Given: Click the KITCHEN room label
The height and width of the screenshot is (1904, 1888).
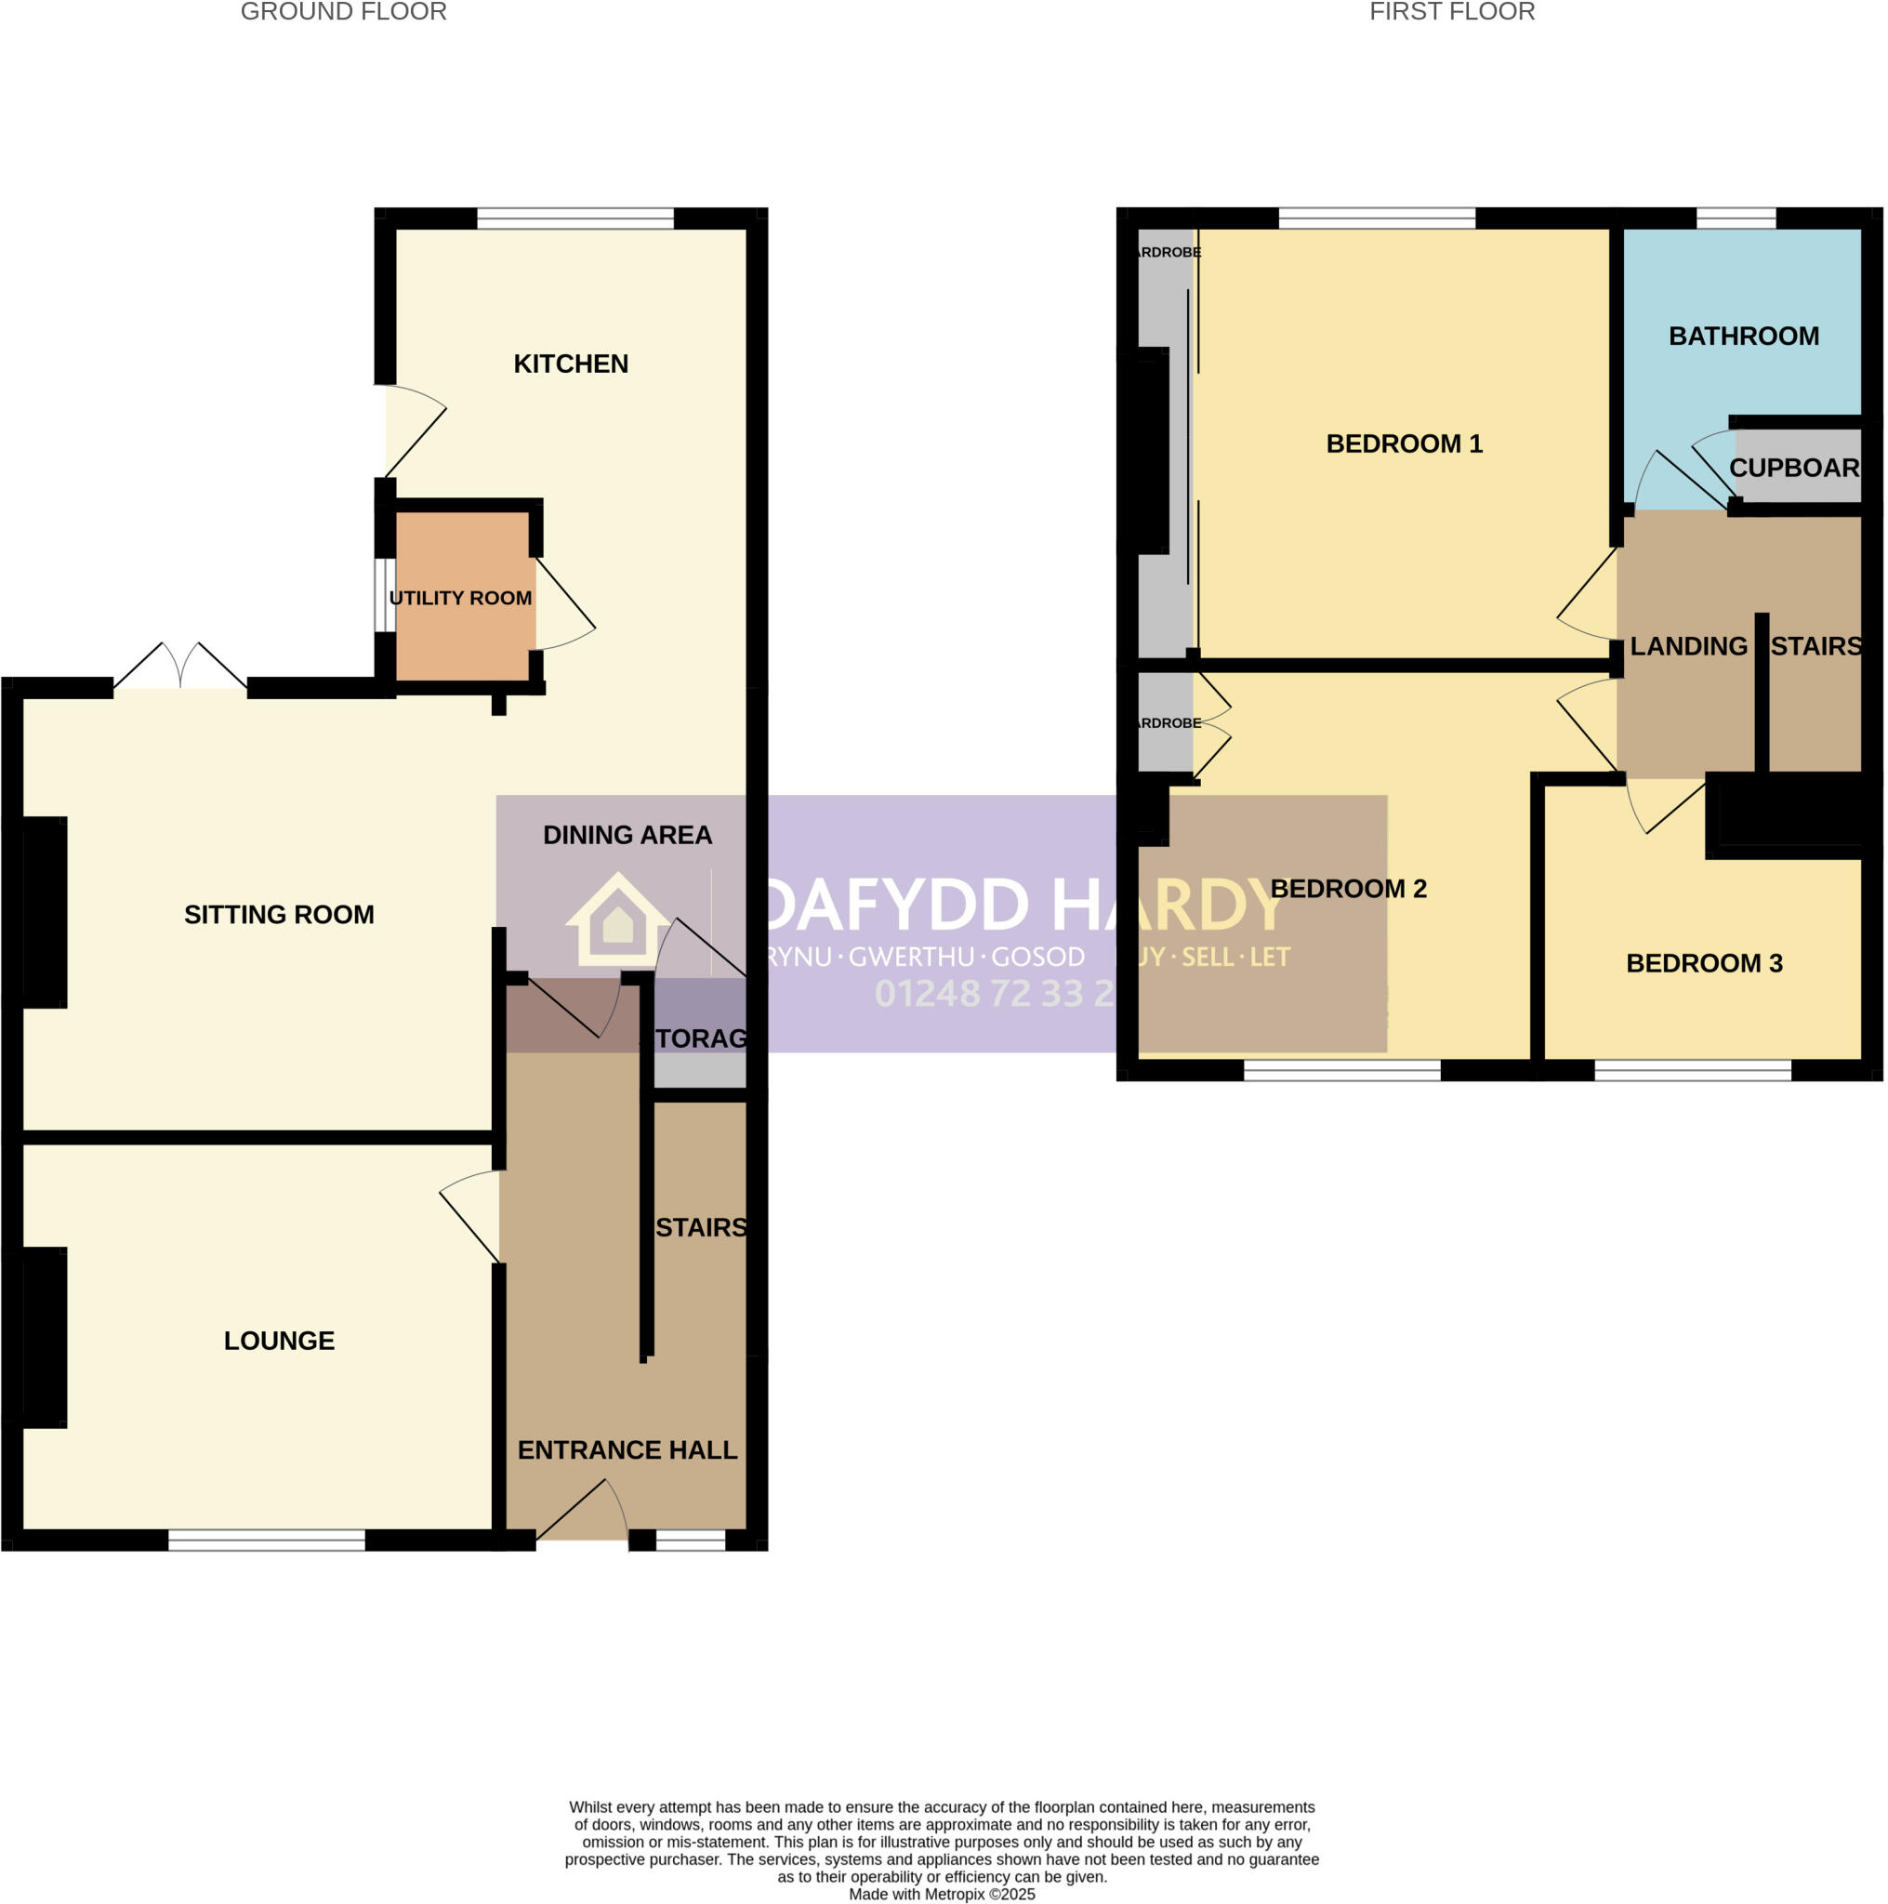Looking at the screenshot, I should point(571,364).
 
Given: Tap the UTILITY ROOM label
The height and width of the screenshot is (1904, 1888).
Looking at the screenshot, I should point(460,598).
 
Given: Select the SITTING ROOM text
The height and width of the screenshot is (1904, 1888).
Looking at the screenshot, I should point(279,915).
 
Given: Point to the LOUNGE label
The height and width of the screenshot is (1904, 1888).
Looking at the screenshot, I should point(279,1341).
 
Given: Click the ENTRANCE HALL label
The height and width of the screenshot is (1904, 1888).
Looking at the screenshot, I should point(627,1449).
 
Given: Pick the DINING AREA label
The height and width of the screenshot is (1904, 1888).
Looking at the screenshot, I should point(627,835).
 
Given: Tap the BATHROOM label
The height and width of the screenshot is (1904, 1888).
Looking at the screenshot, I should point(1743,336).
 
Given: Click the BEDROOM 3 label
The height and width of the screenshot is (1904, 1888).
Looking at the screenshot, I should point(1704,963).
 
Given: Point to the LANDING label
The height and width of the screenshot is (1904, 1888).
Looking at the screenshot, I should point(1688,646).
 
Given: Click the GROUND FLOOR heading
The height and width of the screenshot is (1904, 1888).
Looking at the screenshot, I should point(343,12).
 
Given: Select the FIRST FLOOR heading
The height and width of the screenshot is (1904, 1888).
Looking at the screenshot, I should point(1451,12).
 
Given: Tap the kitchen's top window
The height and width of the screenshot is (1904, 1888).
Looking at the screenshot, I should point(575,218).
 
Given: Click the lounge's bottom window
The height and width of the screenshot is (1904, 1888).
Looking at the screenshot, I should point(266,1540).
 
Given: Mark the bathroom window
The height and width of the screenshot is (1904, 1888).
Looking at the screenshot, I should point(1736,218).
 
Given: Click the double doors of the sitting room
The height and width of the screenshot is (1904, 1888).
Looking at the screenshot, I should point(180,668).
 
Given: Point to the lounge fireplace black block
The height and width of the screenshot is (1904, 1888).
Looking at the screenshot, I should point(45,1336).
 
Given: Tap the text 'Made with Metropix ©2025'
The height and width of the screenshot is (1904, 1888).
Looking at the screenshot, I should point(941,1893).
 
